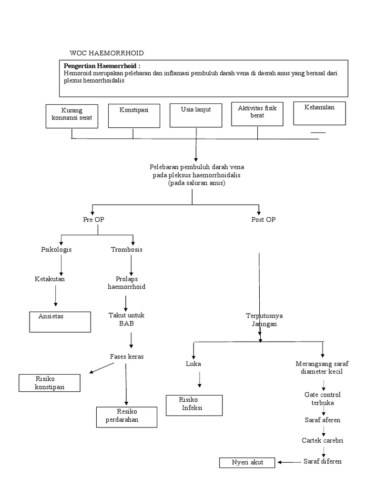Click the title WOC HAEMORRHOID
click(106, 53)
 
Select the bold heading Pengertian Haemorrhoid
click(102, 65)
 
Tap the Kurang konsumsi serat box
click(72, 117)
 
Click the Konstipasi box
click(134, 116)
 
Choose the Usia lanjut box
click(195, 116)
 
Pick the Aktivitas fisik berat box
click(257, 114)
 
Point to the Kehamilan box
click(319, 113)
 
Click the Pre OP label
click(93, 220)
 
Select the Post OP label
click(263, 220)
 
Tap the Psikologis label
click(56, 249)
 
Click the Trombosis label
click(126, 249)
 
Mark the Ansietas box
click(60, 321)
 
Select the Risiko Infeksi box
click(194, 405)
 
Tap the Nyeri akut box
click(247, 462)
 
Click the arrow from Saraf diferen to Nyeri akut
click(289, 462)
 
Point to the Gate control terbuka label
click(323, 399)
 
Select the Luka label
click(193, 364)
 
